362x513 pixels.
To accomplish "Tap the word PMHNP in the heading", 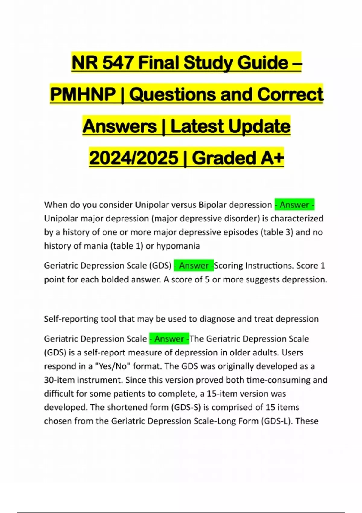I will click(x=83, y=94).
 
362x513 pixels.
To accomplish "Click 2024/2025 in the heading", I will click(x=134, y=158).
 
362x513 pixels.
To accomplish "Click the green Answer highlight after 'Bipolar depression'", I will click(x=294, y=205).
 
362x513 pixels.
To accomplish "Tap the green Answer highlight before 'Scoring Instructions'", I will click(x=194, y=266).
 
